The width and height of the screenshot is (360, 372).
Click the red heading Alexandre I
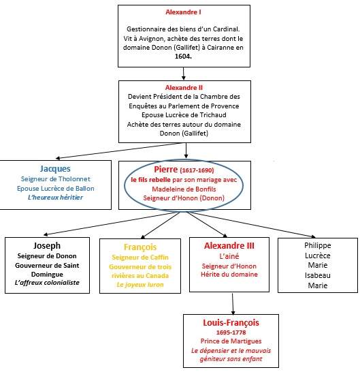point(183,12)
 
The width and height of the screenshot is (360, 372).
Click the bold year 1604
point(183,57)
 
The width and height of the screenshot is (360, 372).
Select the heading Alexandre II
point(184,88)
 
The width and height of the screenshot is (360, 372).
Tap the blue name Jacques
point(55,169)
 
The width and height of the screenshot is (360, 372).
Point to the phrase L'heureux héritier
point(55,198)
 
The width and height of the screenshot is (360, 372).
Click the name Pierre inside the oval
point(165,170)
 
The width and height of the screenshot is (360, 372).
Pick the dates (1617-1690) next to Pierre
point(197,170)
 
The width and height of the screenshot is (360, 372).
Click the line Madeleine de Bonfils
point(184,189)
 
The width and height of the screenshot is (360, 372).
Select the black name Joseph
point(47,246)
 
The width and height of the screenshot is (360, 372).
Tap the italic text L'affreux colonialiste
point(47,283)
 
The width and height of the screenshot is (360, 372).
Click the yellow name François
point(140,247)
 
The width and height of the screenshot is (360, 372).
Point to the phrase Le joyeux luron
point(140,285)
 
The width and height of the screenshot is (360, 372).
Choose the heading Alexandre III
point(229,246)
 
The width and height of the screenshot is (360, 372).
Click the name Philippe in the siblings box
point(318,245)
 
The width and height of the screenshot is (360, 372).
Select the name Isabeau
point(318,275)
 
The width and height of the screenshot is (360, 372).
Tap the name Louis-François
point(231,323)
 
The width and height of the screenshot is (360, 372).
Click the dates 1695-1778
point(231,332)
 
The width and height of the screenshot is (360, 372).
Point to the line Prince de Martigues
point(231,341)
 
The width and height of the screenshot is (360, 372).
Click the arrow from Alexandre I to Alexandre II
point(184,74)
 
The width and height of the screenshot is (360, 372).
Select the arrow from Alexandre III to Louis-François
point(233,304)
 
